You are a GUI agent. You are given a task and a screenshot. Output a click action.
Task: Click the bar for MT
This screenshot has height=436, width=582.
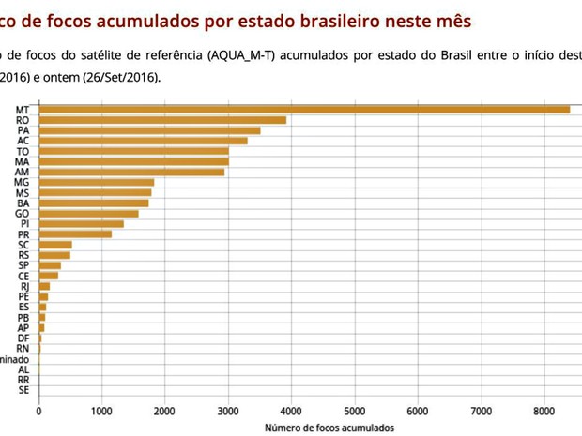pos(304,110)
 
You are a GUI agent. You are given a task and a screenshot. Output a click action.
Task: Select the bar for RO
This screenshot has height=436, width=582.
pos(162,120)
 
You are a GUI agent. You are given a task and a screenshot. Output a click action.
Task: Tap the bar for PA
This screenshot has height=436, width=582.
pos(149,130)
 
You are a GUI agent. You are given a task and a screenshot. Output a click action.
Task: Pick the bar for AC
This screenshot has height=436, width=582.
pos(143,141)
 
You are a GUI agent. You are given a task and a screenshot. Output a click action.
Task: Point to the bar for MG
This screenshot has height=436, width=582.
pos(96,182)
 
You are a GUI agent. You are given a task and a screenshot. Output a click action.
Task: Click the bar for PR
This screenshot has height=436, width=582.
pos(75,233)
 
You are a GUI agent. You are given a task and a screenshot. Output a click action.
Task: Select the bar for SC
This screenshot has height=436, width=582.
pos(55,245)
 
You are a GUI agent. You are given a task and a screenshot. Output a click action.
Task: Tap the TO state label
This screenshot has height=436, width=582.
pos(23,151)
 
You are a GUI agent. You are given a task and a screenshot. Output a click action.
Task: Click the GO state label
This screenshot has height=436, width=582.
pos(23,213)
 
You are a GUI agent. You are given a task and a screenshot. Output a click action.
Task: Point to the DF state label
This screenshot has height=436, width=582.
pos(23,338)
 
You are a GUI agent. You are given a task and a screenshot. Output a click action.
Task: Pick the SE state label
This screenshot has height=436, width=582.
pos(23,390)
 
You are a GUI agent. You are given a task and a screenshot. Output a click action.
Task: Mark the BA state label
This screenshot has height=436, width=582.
pos(23,203)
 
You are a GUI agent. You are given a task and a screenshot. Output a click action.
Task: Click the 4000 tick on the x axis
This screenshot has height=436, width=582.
pos(291,411)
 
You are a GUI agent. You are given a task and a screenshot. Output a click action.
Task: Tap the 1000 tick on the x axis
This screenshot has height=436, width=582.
pos(101,411)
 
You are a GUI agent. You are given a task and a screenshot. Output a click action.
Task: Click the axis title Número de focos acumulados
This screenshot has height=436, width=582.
pos(329,428)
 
